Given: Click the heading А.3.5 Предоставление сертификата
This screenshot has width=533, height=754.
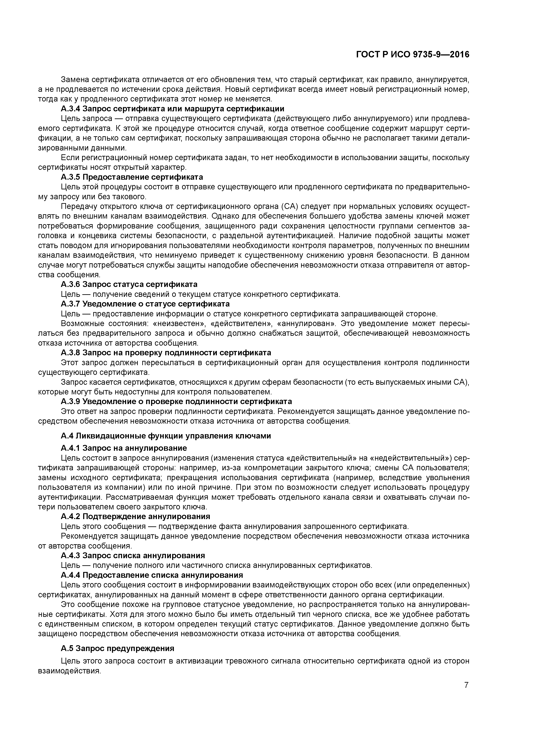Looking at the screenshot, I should [x=132, y=177].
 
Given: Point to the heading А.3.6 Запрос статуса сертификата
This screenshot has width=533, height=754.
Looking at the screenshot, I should [x=129, y=284].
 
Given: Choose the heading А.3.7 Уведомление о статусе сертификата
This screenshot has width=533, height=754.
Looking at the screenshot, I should [x=145, y=304].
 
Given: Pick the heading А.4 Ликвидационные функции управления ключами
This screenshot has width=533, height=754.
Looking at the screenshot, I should [x=166, y=436].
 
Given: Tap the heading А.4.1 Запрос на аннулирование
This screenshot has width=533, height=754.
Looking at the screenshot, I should [x=124, y=448].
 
